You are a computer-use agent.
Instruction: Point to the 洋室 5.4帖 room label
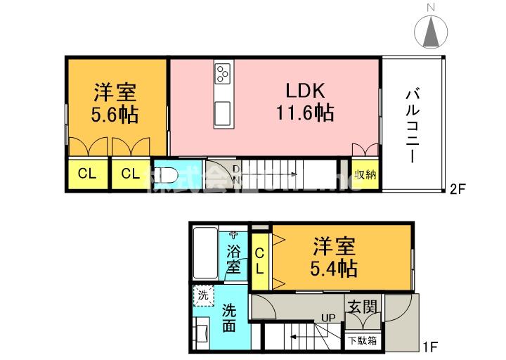(x=335, y=257)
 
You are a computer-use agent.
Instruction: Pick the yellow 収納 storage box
(x=365, y=175)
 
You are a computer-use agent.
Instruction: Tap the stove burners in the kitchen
(x=224, y=73)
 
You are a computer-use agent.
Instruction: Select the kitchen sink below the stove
(x=223, y=113)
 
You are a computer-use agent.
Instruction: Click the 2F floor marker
(x=458, y=188)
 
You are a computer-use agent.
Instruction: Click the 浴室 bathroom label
(x=234, y=258)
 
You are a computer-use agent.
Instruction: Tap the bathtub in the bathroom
(x=205, y=254)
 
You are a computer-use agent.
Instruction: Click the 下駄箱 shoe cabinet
(x=363, y=340)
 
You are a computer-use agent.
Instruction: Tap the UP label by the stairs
(x=327, y=318)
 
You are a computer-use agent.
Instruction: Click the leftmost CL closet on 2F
(x=87, y=174)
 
